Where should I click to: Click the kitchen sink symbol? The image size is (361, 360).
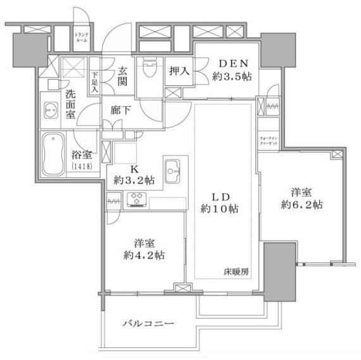172,170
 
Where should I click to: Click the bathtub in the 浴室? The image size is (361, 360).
52,154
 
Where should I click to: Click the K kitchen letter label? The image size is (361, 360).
134,169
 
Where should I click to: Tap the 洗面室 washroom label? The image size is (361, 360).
71,102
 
